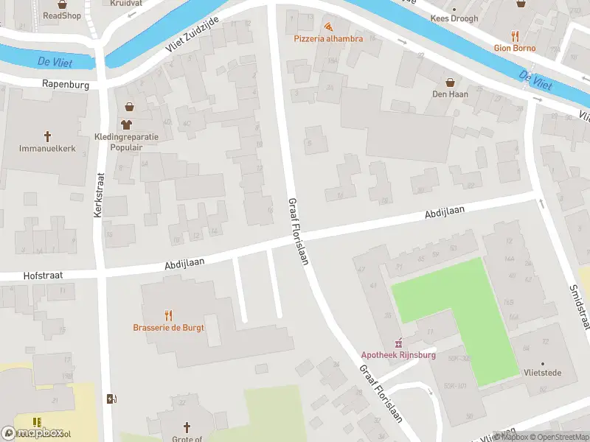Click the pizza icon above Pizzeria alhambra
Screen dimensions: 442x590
click(328, 25)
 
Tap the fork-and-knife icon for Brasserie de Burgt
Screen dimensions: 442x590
click(168, 315)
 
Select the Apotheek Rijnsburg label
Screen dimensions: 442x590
click(398, 354)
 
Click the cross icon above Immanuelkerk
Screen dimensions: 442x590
click(48, 136)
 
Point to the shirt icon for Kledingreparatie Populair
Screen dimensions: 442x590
click(126, 124)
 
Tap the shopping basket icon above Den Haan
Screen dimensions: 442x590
click(449, 82)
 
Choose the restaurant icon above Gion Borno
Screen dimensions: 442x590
click(515, 36)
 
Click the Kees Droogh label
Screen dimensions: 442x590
click(454, 18)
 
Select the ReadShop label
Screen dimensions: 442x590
click(62, 15)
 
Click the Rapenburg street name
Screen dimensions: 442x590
click(66, 85)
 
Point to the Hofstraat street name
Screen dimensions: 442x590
click(42, 275)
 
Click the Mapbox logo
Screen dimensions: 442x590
click(33, 433)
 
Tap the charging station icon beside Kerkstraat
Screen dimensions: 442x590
click(111, 399)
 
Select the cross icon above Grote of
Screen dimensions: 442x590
click(187, 427)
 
